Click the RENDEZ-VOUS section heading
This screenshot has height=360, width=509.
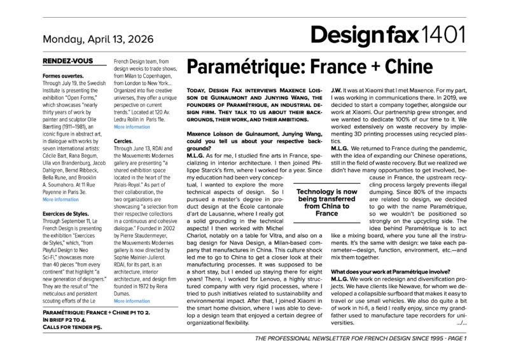tap(66, 61)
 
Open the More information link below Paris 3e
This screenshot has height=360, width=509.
tap(60, 199)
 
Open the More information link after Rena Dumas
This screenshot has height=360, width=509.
tap(132, 301)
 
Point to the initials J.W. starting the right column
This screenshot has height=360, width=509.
tap(338, 88)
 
